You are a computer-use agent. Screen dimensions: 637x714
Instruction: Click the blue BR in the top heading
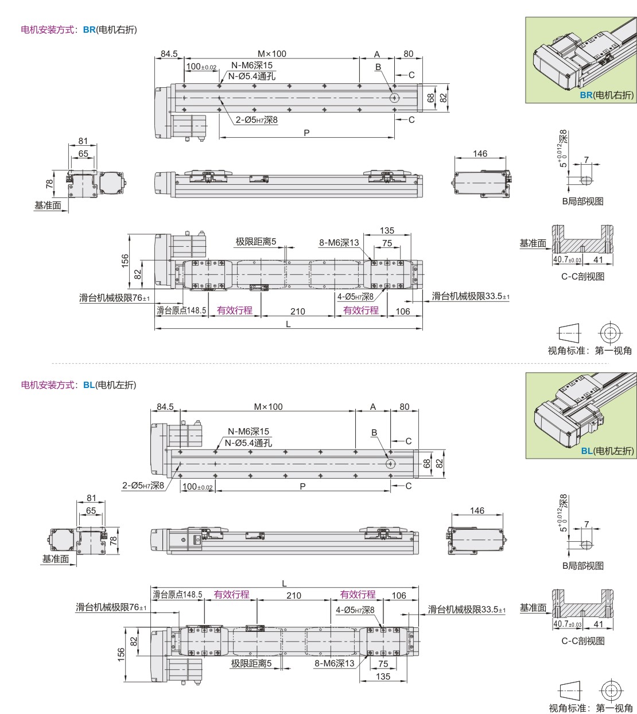(89, 30)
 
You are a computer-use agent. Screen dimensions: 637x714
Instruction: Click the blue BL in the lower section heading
(89, 385)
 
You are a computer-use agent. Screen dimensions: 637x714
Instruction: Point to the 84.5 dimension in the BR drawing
(169, 54)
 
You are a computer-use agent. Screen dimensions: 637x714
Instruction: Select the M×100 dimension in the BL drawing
(269, 407)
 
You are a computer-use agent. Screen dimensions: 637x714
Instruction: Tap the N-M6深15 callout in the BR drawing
(252, 65)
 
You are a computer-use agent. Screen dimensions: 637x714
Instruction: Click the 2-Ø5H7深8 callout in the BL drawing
(143, 486)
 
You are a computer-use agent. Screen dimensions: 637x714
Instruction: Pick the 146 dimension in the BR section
(480, 154)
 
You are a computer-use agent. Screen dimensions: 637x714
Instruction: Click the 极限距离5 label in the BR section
(256, 242)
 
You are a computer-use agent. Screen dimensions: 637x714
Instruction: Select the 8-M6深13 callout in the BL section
(335, 663)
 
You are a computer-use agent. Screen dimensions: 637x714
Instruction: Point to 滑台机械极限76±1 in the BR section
(115, 298)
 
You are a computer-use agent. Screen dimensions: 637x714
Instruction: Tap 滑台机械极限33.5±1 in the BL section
(467, 610)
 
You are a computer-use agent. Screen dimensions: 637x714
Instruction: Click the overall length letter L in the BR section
(288, 324)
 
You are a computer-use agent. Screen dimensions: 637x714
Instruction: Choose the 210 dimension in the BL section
(294, 596)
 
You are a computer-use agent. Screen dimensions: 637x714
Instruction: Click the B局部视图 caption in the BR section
(582, 201)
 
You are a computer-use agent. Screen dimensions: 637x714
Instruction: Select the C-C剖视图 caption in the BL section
(582, 641)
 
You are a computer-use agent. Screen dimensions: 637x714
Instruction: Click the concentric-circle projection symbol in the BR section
(610, 333)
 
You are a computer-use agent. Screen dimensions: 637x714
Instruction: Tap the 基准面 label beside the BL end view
(55, 558)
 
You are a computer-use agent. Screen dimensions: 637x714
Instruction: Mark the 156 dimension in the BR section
(125, 261)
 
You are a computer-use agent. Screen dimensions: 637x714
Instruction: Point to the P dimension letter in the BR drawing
(306, 133)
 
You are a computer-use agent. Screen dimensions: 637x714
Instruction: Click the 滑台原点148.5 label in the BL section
(177, 595)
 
